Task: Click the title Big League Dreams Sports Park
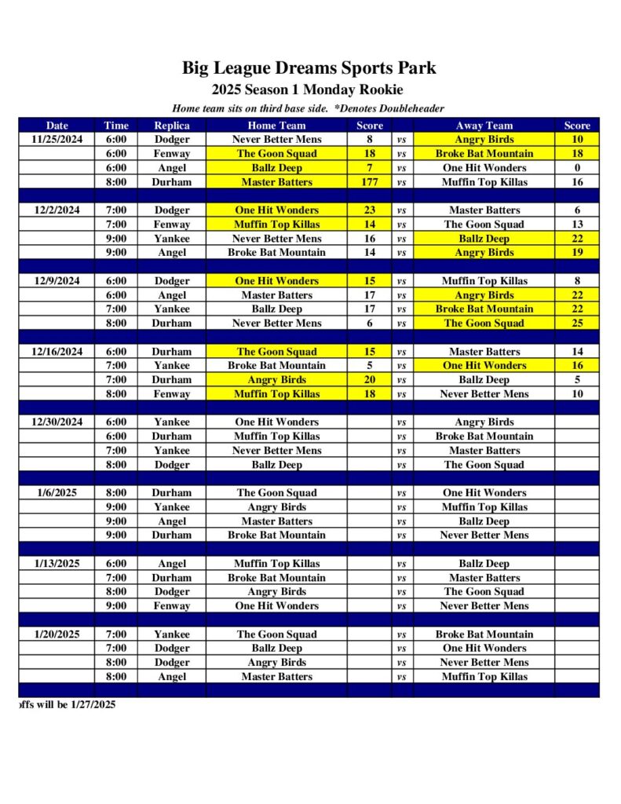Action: (x=309, y=68)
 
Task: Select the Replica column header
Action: (x=171, y=125)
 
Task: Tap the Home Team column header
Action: (x=276, y=125)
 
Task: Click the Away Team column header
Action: (x=484, y=125)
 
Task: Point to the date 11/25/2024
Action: (x=57, y=139)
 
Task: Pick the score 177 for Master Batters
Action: (x=370, y=182)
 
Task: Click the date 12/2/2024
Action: (x=57, y=210)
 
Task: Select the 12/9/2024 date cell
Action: (x=57, y=280)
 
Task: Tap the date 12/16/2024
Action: (x=57, y=351)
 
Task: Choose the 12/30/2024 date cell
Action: (x=57, y=422)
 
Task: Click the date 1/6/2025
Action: (x=57, y=492)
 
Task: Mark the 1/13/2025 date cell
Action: (x=57, y=563)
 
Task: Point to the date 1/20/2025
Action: (x=57, y=634)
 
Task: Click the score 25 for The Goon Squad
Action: (x=577, y=323)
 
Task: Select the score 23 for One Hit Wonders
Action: (x=370, y=210)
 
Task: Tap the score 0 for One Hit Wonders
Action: (x=577, y=167)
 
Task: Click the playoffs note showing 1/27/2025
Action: (x=67, y=704)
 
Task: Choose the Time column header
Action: (x=116, y=125)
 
